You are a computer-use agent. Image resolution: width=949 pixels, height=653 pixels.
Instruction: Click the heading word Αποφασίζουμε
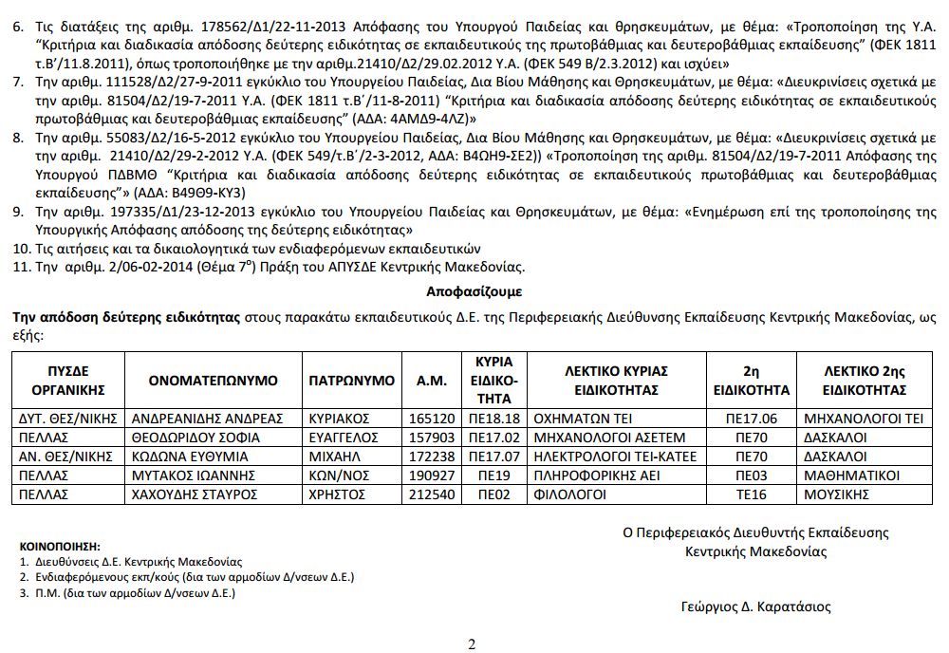474,290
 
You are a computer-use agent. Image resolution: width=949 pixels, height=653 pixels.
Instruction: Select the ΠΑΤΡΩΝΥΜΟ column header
351,380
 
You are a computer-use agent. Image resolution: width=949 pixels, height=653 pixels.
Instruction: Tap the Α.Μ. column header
432,380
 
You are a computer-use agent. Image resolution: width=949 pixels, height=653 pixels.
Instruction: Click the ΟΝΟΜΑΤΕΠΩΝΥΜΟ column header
214,380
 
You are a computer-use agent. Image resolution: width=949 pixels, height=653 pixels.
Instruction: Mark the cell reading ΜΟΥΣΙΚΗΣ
836,494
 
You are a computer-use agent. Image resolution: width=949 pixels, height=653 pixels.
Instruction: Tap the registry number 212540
431,494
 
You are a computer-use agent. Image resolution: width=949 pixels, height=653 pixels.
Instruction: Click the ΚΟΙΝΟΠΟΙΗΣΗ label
60,547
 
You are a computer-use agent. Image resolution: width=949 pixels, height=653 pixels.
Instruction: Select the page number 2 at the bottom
472,644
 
